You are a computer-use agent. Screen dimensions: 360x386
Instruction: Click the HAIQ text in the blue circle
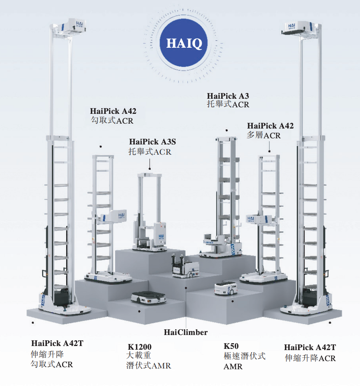point(184,43)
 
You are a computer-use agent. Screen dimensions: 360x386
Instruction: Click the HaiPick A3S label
point(152,142)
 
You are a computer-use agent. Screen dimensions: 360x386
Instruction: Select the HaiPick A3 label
point(228,96)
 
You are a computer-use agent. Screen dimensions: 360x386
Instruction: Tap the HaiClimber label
point(186,332)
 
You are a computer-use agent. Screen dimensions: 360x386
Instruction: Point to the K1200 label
point(140,347)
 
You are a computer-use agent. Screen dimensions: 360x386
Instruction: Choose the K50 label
point(231,346)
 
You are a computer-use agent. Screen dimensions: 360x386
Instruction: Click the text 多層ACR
point(264,135)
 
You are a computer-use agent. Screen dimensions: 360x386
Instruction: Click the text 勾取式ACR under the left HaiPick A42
point(112,120)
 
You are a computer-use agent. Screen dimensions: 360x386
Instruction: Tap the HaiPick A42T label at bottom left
point(57,343)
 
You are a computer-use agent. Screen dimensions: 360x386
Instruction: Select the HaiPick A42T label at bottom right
point(310,347)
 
